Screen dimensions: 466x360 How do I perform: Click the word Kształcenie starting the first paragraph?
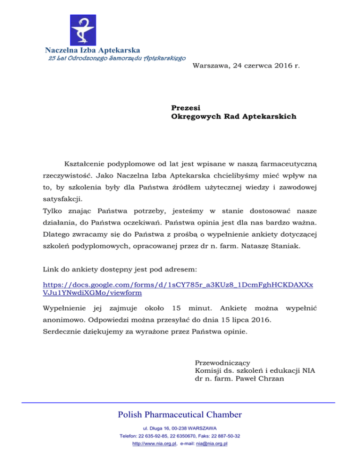[x=85, y=165]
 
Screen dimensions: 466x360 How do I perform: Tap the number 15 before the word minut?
[x=177, y=309]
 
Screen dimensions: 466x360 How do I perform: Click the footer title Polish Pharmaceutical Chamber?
[x=180, y=414]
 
